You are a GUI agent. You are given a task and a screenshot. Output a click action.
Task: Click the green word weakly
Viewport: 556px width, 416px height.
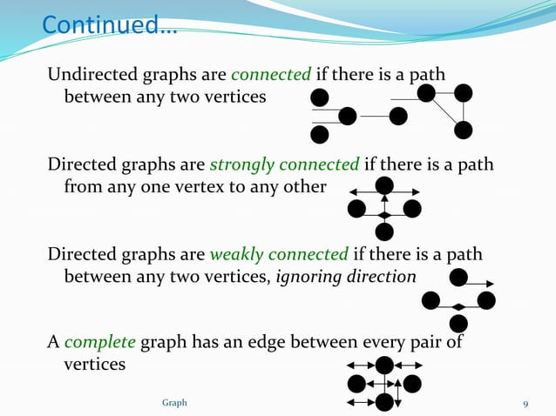coord(241,254)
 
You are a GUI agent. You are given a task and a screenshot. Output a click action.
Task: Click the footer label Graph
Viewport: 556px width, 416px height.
coord(174,403)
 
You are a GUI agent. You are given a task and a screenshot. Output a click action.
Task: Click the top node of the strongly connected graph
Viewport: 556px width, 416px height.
coord(383,185)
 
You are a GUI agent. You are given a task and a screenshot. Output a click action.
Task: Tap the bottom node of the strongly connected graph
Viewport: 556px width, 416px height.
coord(383,231)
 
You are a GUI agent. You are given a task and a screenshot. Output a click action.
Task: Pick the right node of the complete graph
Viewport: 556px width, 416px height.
coord(412,383)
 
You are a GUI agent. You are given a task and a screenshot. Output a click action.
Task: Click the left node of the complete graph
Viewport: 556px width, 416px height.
coord(356,383)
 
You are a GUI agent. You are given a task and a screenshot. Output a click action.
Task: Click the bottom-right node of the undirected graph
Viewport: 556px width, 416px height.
coord(464,130)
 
